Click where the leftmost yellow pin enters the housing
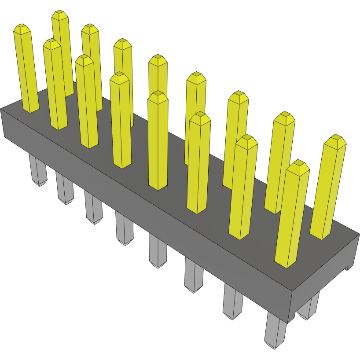(31, 110)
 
